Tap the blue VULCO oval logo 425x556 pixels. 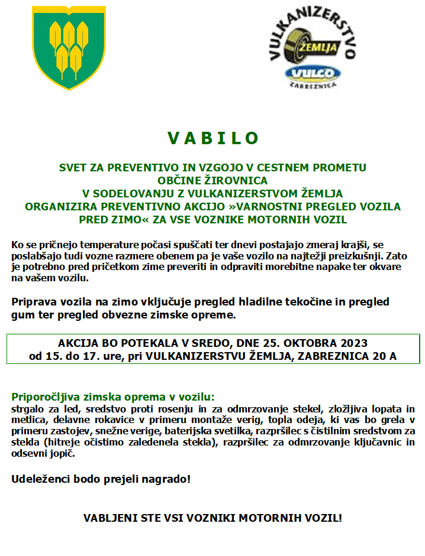313,74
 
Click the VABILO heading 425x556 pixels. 213,138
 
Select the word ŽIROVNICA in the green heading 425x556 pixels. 235,180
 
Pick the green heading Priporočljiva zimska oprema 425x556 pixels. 113,396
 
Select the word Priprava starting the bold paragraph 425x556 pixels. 34,302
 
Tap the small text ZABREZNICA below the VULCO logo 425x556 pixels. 313,86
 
